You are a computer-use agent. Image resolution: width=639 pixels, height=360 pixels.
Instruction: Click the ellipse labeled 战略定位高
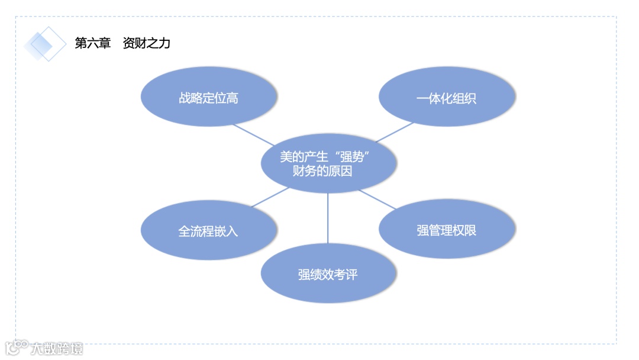[x=209, y=98]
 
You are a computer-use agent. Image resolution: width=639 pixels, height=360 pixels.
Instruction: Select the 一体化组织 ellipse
[x=447, y=98]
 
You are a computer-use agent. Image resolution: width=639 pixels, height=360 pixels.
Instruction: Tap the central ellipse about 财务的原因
[x=328, y=164]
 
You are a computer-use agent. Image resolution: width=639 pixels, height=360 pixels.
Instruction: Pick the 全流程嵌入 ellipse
[x=209, y=230]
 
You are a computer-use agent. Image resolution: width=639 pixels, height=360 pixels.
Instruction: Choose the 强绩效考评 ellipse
[x=328, y=274]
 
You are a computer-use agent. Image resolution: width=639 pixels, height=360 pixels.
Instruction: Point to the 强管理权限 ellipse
[x=447, y=230]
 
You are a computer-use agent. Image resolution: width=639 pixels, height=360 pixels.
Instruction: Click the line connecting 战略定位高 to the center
[x=253, y=134]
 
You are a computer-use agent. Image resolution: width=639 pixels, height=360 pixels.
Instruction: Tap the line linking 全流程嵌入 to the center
[x=270, y=197]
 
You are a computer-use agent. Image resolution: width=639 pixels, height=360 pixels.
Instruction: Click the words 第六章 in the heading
[x=93, y=43]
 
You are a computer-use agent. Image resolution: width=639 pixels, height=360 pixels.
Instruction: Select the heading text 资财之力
[x=147, y=43]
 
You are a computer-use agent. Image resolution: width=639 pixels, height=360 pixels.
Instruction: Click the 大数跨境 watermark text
[x=57, y=348]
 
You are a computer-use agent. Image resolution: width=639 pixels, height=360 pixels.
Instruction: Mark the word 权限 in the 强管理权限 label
[x=464, y=230]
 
